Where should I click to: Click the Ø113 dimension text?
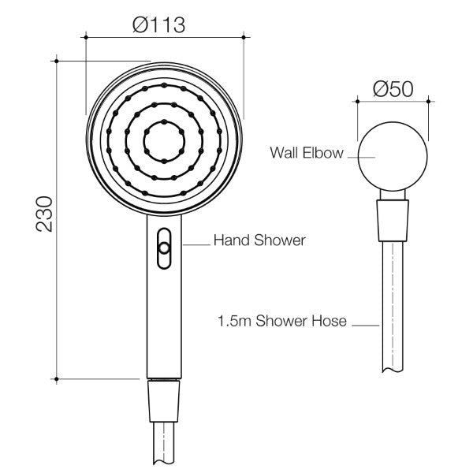(x=159, y=24)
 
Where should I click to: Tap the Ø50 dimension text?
(x=393, y=89)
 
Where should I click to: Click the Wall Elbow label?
(x=306, y=153)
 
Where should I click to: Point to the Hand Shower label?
(x=249, y=239)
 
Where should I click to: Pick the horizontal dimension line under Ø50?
(x=393, y=100)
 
